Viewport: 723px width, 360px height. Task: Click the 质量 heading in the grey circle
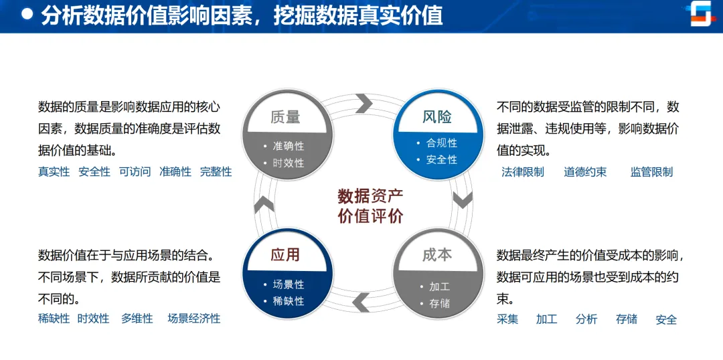coord(285,117)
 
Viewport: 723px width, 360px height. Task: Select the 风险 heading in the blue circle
coord(437,117)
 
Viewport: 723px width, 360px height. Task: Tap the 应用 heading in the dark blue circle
coord(285,254)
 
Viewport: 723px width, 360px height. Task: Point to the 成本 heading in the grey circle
coord(437,254)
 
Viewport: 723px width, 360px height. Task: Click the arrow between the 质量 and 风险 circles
coord(364,103)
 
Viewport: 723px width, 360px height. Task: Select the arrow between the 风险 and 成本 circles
coord(463,199)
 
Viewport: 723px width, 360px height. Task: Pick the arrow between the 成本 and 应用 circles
coord(361,302)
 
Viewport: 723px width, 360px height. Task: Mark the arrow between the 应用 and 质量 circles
coord(264,203)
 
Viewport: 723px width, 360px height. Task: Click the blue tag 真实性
coord(54,172)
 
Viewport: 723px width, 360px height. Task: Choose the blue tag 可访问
coord(135,172)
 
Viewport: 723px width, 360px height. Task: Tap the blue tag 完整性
coord(216,172)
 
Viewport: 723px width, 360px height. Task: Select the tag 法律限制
coord(523,172)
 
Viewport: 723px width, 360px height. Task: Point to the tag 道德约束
coord(585,172)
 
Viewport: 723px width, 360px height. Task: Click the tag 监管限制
coord(651,172)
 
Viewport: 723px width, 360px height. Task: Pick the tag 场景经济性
coord(193,319)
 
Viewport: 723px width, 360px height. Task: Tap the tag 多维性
coord(137,319)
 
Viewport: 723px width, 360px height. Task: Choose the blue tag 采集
coord(507,319)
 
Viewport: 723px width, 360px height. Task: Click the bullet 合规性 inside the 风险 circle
coord(441,143)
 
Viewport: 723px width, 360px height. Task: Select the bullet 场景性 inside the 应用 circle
coord(289,284)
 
